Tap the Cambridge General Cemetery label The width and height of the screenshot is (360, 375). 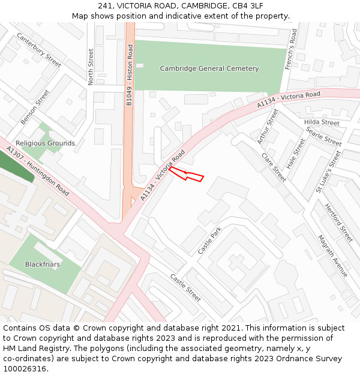209,68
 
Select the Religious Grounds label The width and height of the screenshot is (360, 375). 46,143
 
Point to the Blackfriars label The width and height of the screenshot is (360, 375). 43,264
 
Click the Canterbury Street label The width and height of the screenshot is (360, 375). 40,50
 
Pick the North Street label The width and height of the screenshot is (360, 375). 91,67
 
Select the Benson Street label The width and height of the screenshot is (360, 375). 35,107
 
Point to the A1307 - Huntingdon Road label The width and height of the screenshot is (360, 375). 38,171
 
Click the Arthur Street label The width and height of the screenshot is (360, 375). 268,127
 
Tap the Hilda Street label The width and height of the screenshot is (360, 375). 322,122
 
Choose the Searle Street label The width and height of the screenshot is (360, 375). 323,136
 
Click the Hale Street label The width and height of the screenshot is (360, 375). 296,153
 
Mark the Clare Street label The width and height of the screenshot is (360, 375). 274,167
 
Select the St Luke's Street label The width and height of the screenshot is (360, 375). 328,172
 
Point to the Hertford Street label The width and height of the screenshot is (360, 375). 338,223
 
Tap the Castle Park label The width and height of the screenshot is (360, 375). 209,240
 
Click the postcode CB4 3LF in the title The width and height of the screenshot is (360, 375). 247,5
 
